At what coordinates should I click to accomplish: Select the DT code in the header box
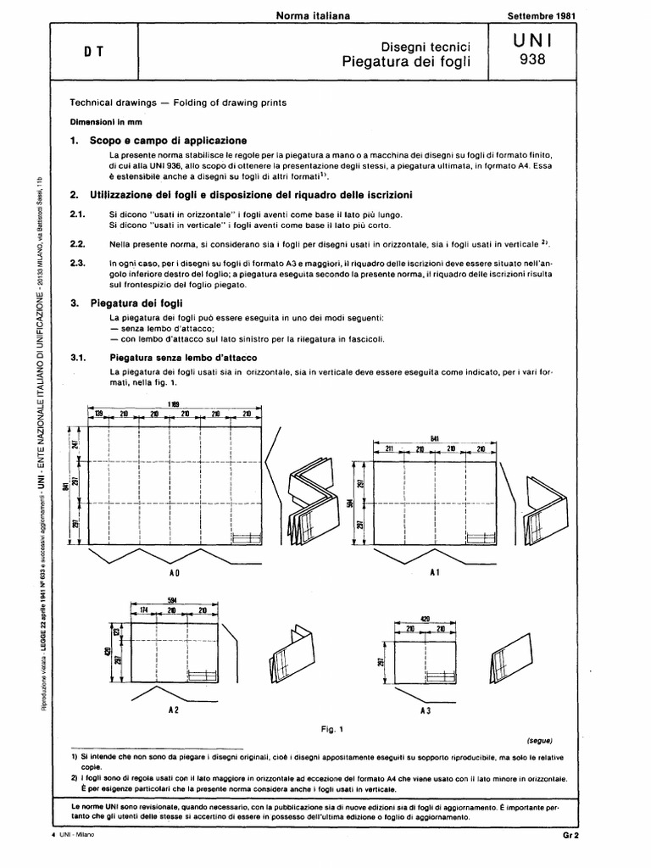(93, 50)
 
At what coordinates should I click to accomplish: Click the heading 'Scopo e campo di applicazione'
(169, 139)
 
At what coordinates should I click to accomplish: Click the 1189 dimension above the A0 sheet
(173, 402)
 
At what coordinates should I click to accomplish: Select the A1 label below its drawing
(433, 573)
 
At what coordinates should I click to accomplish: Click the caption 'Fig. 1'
(331, 727)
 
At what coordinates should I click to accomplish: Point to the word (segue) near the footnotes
(539, 739)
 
